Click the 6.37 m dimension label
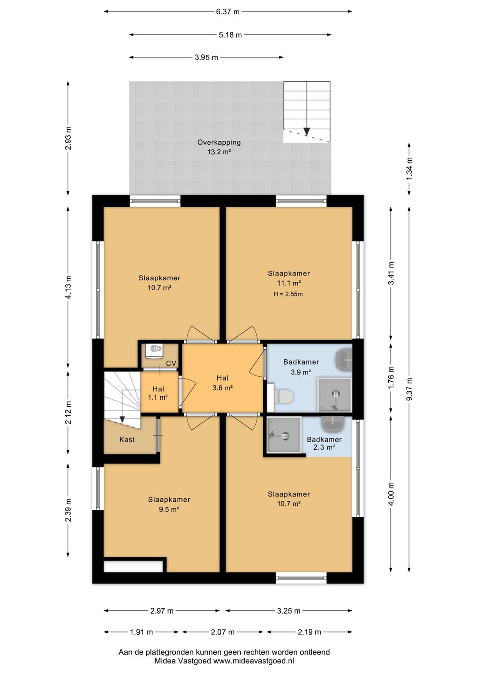[x=228, y=12]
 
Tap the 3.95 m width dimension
[x=206, y=57]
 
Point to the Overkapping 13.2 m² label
[x=219, y=147]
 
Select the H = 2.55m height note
[x=288, y=294]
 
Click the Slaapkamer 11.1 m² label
[x=289, y=278]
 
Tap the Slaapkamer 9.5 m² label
[x=169, y=504]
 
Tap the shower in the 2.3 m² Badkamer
[x=284, y=435]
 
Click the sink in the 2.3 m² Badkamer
[x=333, y=424]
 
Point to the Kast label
[x=127, y=439]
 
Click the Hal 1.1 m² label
[x=158, y=393]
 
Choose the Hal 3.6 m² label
[x=223, y=383]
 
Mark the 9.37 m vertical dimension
[x=409, y=389]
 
